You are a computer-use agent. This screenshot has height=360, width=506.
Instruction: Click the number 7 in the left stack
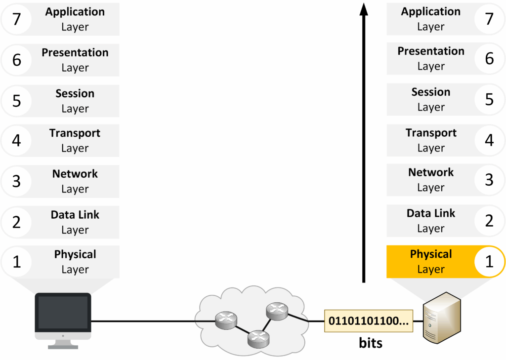(x=16, y=19)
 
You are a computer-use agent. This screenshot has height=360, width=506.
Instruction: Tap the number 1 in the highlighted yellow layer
(x=489, y=261)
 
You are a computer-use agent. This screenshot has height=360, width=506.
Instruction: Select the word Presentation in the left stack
(x=75, y=53)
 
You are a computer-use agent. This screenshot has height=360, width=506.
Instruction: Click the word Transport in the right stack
(x=431, y=133)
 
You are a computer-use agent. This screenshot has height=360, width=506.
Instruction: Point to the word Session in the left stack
(x=75, y=93)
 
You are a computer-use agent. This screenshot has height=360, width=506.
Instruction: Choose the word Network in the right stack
(x=431, y=173)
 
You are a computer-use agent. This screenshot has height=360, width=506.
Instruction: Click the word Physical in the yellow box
(x=431, y=254)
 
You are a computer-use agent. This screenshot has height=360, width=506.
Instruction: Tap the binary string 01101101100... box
(x=369, y=321)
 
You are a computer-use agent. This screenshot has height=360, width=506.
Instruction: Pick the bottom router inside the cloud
(x=258, y=338)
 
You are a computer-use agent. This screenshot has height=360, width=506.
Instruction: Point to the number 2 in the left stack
(x=16, y=222)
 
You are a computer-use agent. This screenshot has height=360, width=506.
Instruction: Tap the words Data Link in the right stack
(x=431, y=213)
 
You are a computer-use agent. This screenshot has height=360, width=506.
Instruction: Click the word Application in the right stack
(x=431, y=12)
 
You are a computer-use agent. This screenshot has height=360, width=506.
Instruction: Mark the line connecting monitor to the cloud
(x=143, y=321)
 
